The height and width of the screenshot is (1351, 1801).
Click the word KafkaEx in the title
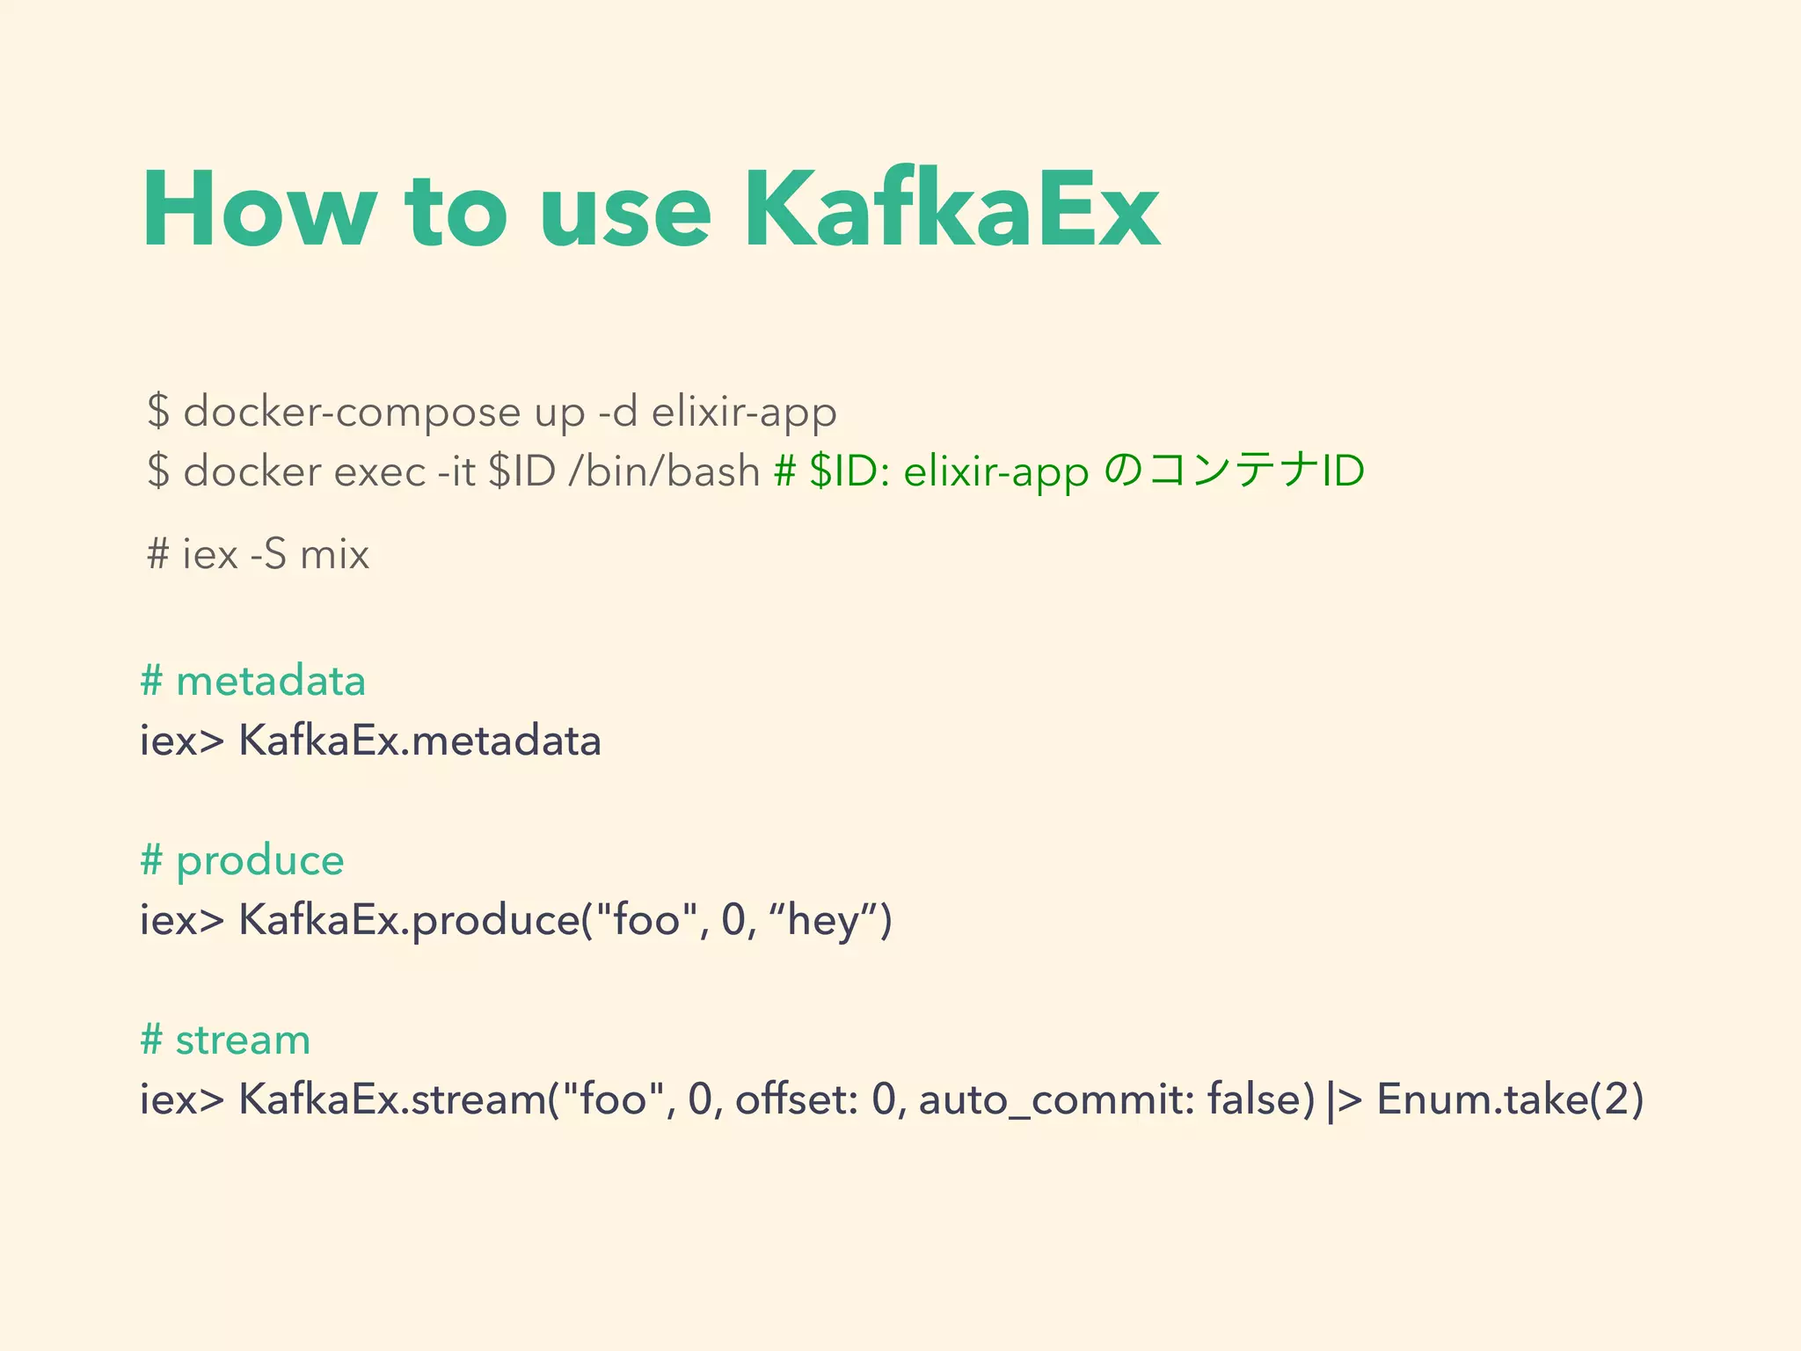(x=951, y=211)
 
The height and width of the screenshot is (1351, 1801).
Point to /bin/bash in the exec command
(x=664, y=471)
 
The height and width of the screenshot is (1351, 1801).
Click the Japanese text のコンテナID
(x=1234, y=471)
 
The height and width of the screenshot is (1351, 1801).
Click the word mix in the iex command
(x=334, y=554)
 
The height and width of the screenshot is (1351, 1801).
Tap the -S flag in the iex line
(x=268, y=554)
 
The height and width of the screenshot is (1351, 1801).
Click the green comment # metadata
(x=253, y=681)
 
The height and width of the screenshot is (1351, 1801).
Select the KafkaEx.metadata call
(x=419, y=741)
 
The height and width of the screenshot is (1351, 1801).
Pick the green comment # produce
(x=242, y=860)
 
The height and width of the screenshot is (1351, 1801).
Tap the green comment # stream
(x=225, y=1040)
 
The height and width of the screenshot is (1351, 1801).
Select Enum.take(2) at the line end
(x=1509, y=1099)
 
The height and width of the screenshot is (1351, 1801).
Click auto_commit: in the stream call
(x=1056, y=1099)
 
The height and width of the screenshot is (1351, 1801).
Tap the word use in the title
(x=624, y=211)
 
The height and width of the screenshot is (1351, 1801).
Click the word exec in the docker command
(x=380, y=471)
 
